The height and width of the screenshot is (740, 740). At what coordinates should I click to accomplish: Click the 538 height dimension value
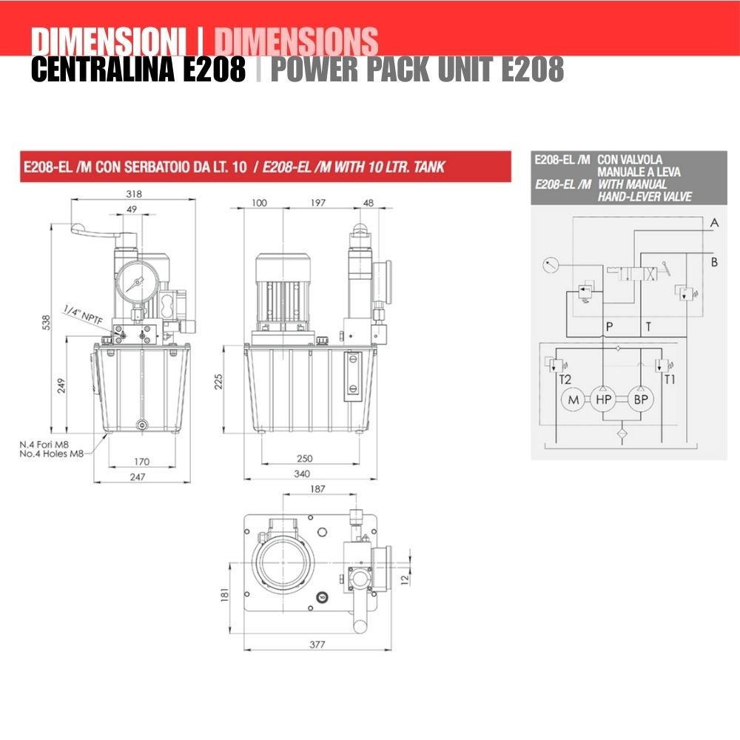(46, 323)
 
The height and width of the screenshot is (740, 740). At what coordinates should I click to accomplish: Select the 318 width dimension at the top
(134, 193)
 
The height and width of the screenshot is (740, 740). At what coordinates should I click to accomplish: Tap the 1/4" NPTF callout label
(83, 314)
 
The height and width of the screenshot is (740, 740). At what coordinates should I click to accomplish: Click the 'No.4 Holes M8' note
(52, 454)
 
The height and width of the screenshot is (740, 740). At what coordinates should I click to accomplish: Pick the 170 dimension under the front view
(141, 462)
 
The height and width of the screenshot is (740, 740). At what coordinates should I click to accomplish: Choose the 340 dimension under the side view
(302, 474)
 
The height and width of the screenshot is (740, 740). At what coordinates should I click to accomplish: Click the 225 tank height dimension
(218, 382)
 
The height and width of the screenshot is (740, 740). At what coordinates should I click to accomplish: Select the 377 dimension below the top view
(317, 645)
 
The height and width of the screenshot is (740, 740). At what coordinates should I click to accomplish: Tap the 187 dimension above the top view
(317, 489)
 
